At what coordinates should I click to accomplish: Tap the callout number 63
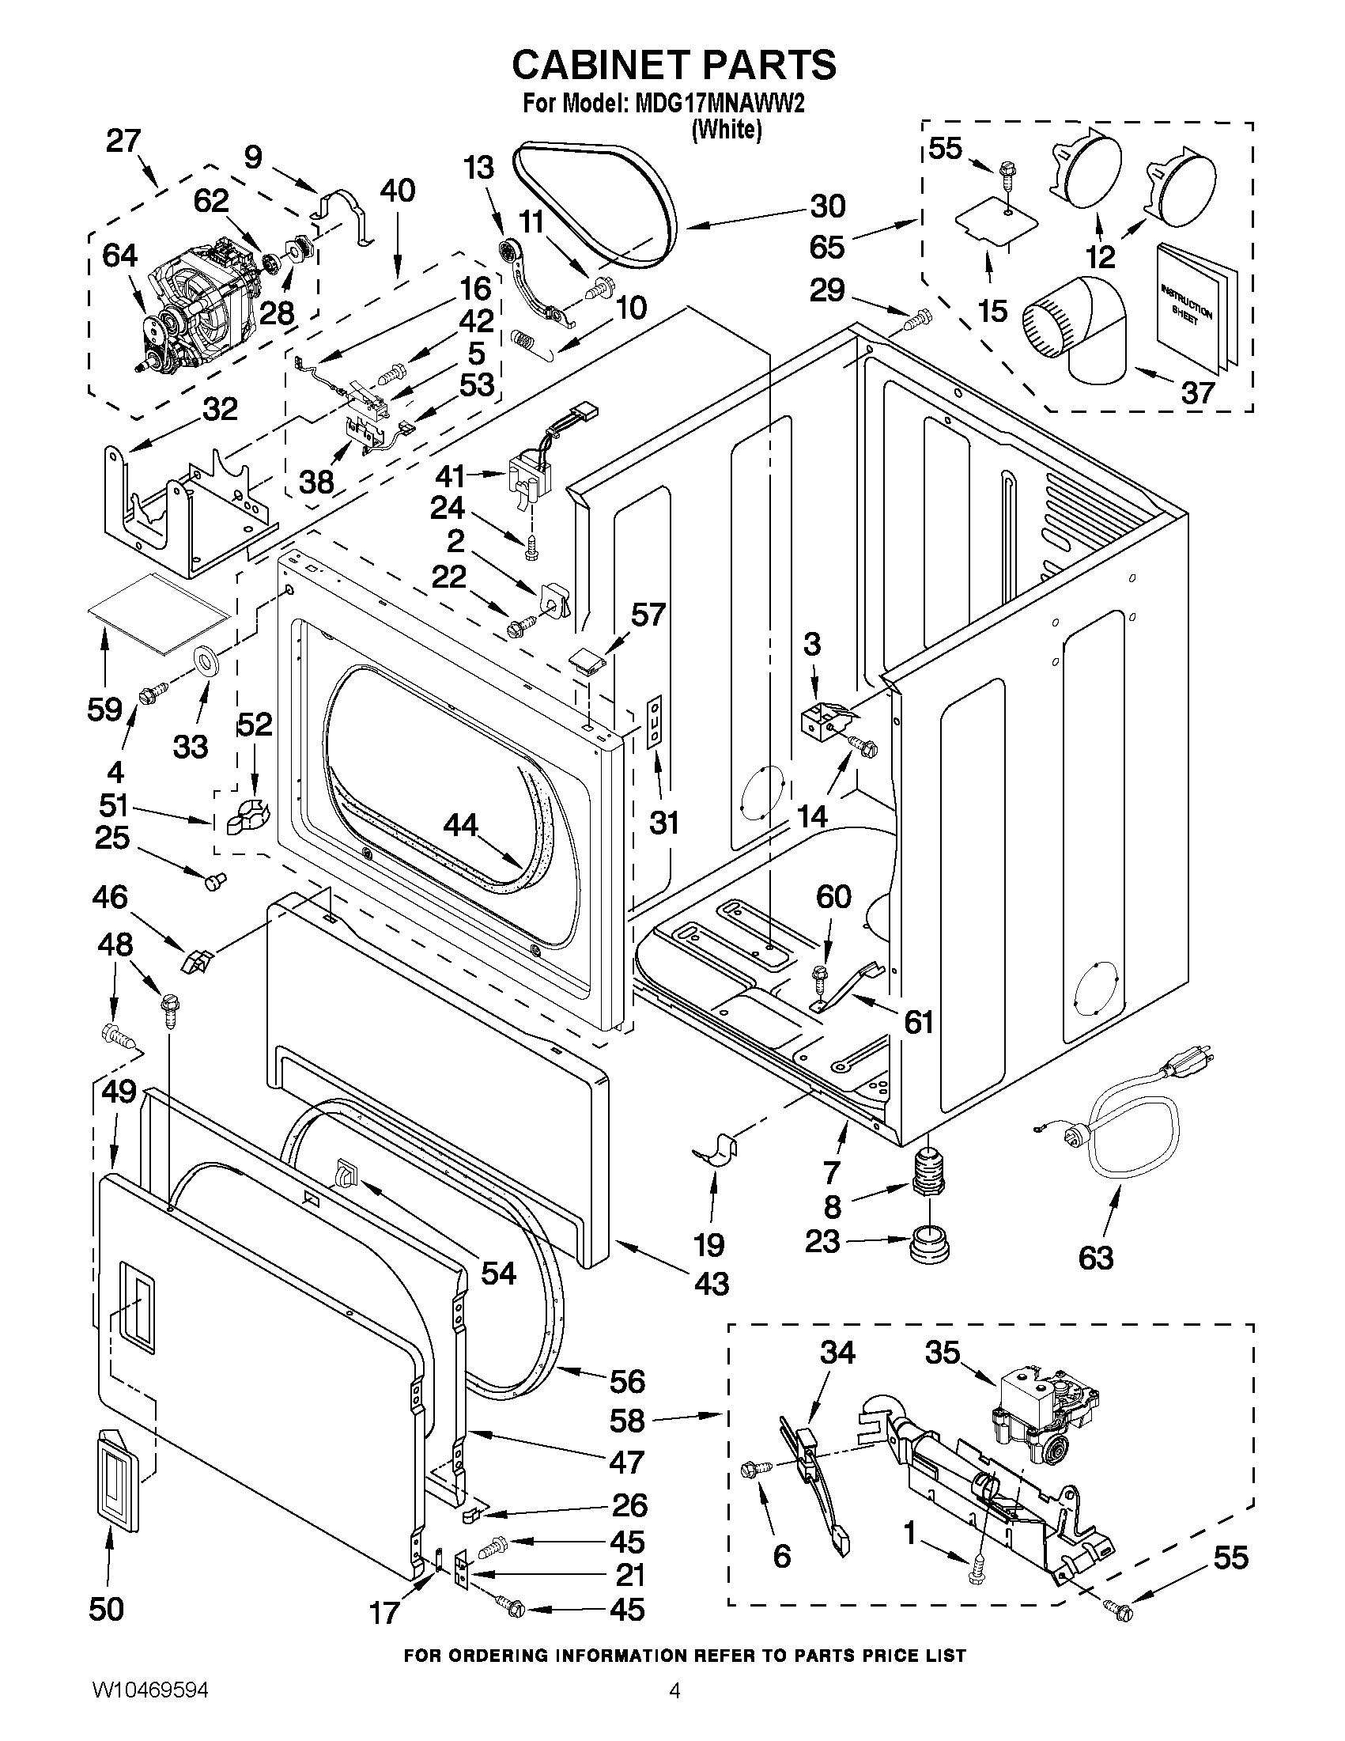(x=1096, y=1258)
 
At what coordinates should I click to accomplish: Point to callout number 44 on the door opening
(x=460, y=825)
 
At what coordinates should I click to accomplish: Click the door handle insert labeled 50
(x=118, y=1491)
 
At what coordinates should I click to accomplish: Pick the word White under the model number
(x=726, y=129)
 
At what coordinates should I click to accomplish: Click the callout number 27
(x=123, y=141)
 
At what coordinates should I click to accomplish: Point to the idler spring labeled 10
(x=522, y=339)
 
